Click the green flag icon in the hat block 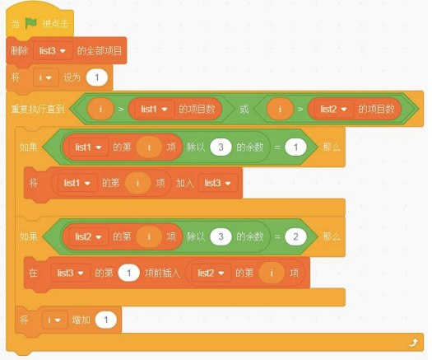pos(30,23)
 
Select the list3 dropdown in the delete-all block pos(53,51)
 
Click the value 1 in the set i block pos(97,77)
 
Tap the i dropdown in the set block pos(46,77)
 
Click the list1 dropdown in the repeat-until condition pos(154,110)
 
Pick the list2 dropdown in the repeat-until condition pos(333,110)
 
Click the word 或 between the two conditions pos(244,110)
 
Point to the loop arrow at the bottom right pos(413,343)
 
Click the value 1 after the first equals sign pos(295,147)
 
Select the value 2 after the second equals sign pos(295,236)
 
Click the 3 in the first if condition pos(221,147)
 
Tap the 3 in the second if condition pos(221,236)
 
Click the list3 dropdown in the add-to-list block pos(218,183)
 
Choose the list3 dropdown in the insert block pos(71,273)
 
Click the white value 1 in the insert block pos(128,273)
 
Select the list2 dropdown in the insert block pos(211,273)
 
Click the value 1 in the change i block pos(106,320)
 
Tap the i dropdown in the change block pos(54,320)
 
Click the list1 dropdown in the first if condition pos(88,147)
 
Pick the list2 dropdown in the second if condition pos(88,236)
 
